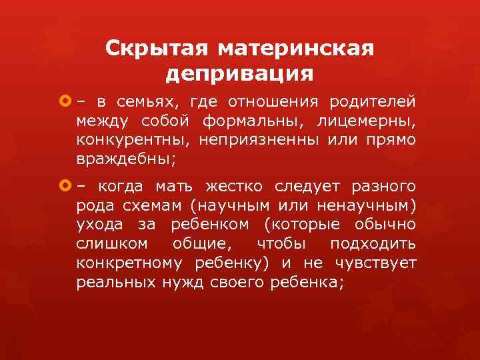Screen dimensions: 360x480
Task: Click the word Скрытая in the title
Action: click(x=157, y=49)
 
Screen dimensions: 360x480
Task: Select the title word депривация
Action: click(x=239, y=73)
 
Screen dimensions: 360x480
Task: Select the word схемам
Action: click(x=145, y=205)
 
